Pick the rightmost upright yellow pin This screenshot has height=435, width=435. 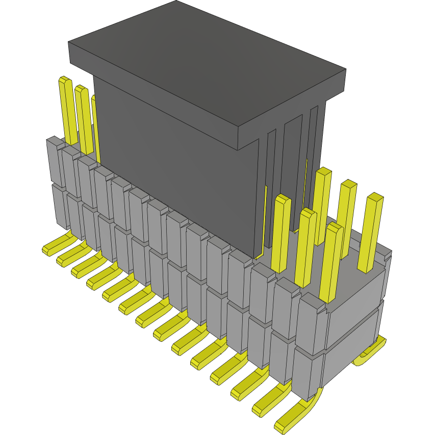click(x=371, y=232)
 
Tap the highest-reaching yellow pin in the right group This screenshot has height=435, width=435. click(x=322, y=204)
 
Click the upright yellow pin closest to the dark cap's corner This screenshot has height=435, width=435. click(x=281, y=232)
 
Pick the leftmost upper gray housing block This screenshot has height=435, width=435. click(x=54, y=161)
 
